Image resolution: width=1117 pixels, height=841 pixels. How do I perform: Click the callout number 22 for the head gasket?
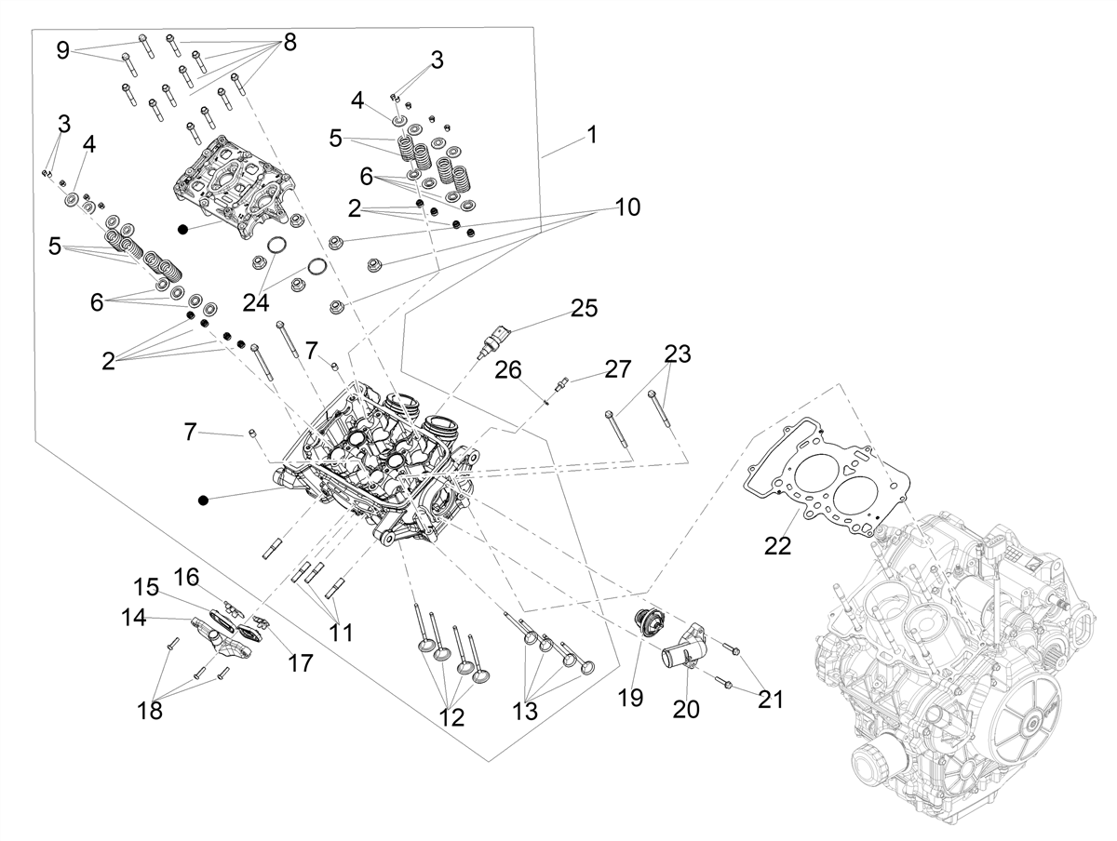coord(777,546)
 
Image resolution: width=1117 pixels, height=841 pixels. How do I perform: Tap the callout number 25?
coord(584,308)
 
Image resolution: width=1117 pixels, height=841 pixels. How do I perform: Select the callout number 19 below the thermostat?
coord(630,698)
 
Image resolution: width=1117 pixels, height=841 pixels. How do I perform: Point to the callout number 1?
coord(592,135)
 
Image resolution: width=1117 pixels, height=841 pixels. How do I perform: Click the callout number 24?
coord(255,303)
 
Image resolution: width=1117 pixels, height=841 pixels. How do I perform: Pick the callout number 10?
coord(627,207)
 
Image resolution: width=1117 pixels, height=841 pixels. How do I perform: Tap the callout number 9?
coord(62,51)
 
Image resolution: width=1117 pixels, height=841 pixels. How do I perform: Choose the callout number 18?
coord(150,711)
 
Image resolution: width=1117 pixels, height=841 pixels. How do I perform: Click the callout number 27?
coord(617,369)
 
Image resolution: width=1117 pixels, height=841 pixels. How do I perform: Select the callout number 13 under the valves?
coord(525,712)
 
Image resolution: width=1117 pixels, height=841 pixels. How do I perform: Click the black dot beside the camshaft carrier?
coord(182,230)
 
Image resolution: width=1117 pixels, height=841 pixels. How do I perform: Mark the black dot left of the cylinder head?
coord(204,501)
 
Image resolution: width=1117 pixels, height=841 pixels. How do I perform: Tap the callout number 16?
coord(186,578)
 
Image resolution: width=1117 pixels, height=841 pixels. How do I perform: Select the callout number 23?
coord(678,354)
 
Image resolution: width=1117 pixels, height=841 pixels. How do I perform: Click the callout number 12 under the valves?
coord(451,717)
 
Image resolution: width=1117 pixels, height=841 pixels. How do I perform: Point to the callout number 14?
coord(134,619)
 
